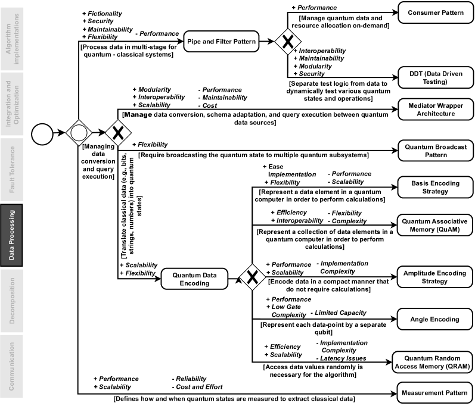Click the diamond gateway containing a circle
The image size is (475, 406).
(x=78, y=132)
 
